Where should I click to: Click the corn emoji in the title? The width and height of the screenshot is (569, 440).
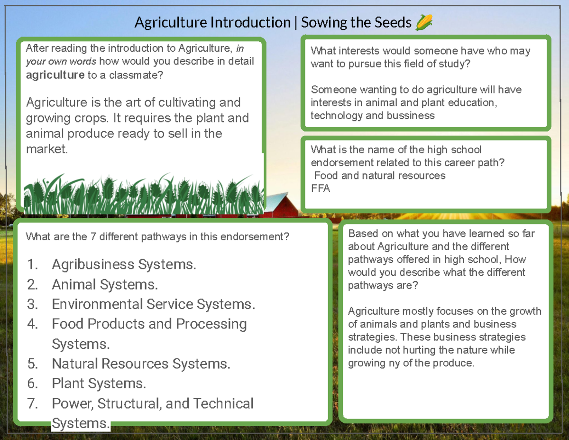tap(424, 22)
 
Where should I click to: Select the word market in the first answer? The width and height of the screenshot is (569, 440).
tap(46, 149)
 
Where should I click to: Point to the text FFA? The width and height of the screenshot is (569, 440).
tap(320, 188)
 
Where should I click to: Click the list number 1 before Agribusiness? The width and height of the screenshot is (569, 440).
tap(32, 264)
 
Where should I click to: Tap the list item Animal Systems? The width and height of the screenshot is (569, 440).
tap(104, 284)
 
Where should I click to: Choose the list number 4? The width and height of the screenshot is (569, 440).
tap(32, 324)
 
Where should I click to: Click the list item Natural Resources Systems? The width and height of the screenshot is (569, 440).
tap(141, 364)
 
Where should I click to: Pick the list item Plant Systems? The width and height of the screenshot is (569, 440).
tap(99, 384)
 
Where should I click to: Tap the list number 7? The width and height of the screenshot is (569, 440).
tap(32, 403)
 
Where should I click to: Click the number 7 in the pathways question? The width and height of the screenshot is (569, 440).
tap(93, 236)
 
